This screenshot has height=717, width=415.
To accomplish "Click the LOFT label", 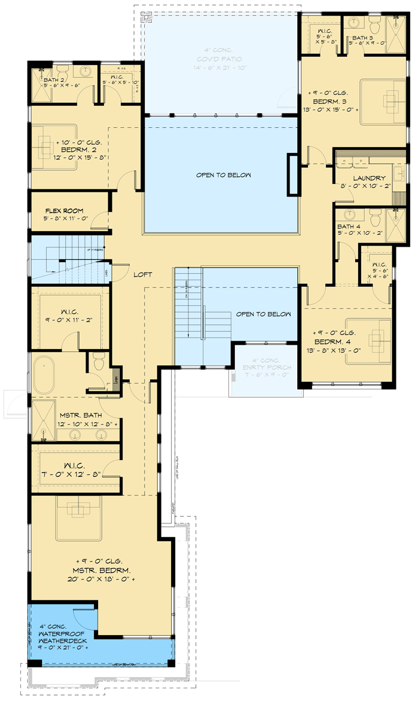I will tap(143, 274).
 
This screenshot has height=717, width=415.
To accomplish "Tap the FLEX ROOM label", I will tap(65, 211).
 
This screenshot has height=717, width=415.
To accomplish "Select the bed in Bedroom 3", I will tap(383, 99).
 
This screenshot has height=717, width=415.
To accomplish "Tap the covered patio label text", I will tap(219, 59).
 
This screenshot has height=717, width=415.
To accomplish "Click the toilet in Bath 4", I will tap(374, 216).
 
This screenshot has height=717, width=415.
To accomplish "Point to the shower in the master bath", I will tap(43, 418).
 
